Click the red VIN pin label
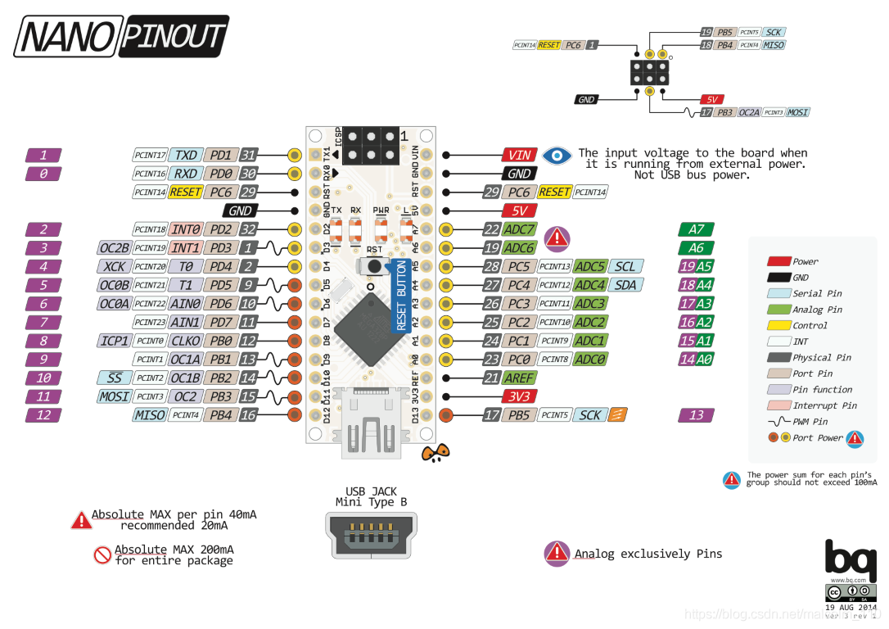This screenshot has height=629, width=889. [x=520, y=155]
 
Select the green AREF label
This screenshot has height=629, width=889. [x=520, y=378]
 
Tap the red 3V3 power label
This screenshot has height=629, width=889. [x=520, y=396]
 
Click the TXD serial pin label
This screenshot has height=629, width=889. [x=187, y=155]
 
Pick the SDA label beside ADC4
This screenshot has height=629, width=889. [x=625, y=285]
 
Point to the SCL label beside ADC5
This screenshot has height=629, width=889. [x=625, y=266]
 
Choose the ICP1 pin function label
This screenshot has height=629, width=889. [x=113, y=341]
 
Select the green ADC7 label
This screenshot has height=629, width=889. [x=520, y=229]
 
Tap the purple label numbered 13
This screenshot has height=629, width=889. [x=696, y=415]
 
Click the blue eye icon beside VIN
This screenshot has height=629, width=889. [x=558, y=155]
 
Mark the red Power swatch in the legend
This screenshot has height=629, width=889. [x=778, y=261]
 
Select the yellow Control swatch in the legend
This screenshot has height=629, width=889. [x=778, y=325]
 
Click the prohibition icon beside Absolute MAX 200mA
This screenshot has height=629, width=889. [x=102, y=555]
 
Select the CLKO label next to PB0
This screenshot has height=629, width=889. [x=187, y=341]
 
